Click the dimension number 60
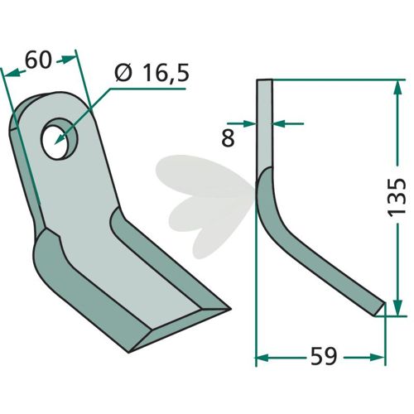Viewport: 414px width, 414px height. coord(38,60)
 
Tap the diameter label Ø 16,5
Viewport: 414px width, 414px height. coord(152,73)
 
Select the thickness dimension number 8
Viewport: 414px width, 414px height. coord(229,137)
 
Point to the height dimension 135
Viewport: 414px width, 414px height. coord(397,196)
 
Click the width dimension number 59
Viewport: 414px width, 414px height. coord(324,356)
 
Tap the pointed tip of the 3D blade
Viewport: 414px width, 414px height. coord(230,309)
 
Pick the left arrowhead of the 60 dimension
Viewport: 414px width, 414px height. coord(12,73)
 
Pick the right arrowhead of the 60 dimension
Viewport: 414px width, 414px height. coord(69,59)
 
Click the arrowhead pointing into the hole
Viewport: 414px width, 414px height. coord(60,138)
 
